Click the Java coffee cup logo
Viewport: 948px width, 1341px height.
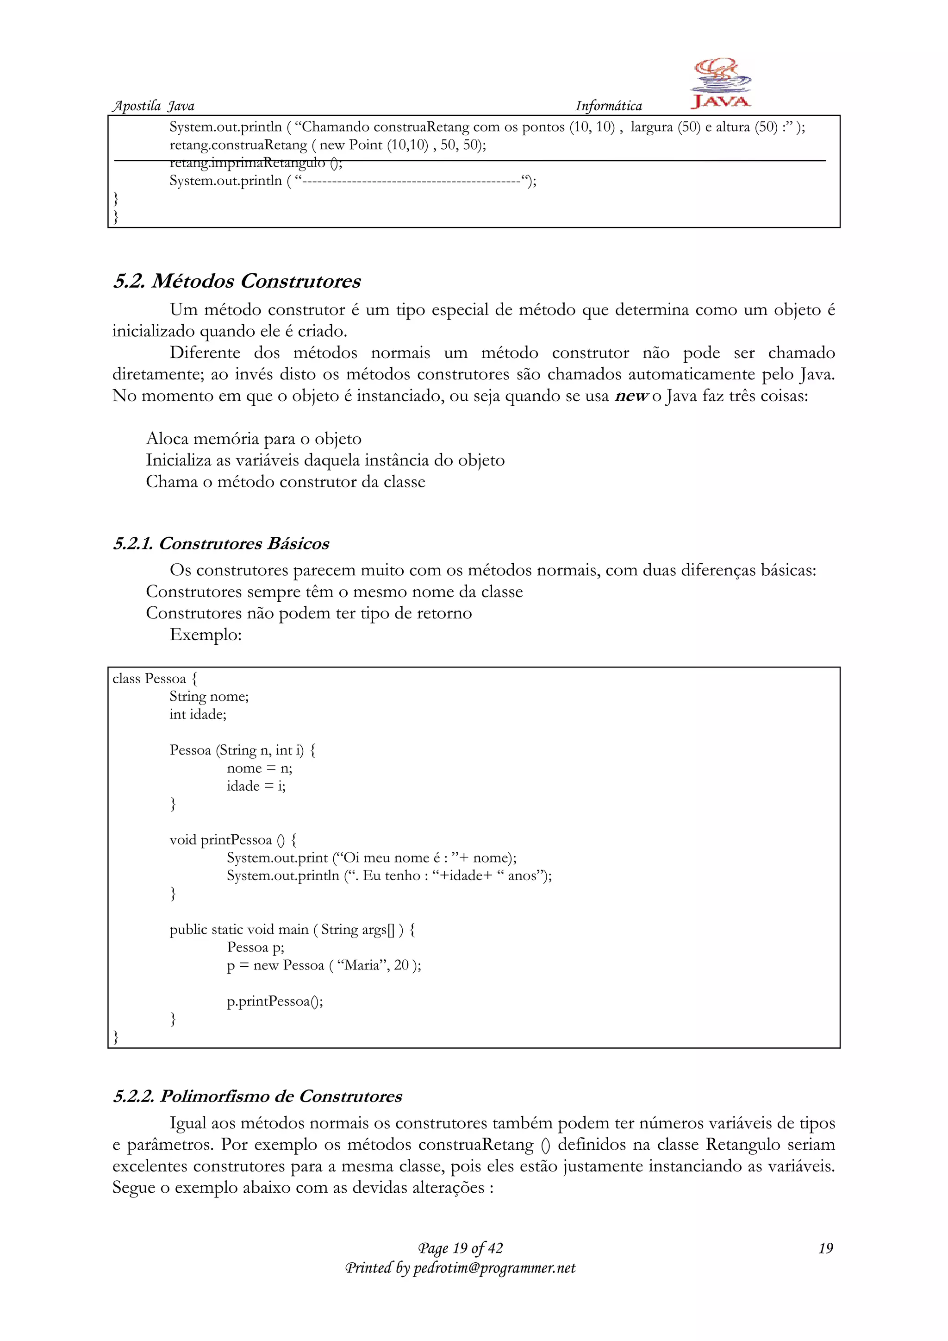click(x=720, y=83)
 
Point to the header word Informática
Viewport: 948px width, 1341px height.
click(x=608, y=106)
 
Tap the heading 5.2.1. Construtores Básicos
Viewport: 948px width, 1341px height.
click(x=221, y=543)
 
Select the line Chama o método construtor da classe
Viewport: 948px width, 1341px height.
click(x=286, y=482)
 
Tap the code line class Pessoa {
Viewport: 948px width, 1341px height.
click(x=155, y=679)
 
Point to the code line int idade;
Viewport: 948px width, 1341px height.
click(x=198, y=714)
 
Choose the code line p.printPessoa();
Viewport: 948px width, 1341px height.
click(x=274, y=1001)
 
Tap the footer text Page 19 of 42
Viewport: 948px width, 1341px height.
click(x=460, y=1248)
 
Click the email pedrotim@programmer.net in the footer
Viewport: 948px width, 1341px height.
click(x=494, y=1268)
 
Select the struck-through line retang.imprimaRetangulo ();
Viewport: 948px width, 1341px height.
click(x=255, y=163)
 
